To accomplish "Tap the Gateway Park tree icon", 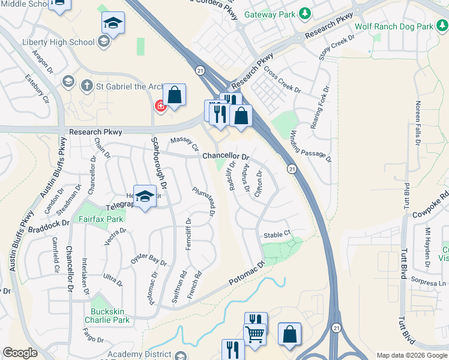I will (x=306, y=13).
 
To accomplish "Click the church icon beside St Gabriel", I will (x=87, y=85).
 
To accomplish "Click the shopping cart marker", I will (x=255, y=334).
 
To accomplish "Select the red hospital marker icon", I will (x=160, y=106).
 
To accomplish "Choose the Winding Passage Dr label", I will (x=311, y=146).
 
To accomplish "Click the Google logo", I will (x=20, y=353).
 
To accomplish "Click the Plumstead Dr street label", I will (x=203, y=201).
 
